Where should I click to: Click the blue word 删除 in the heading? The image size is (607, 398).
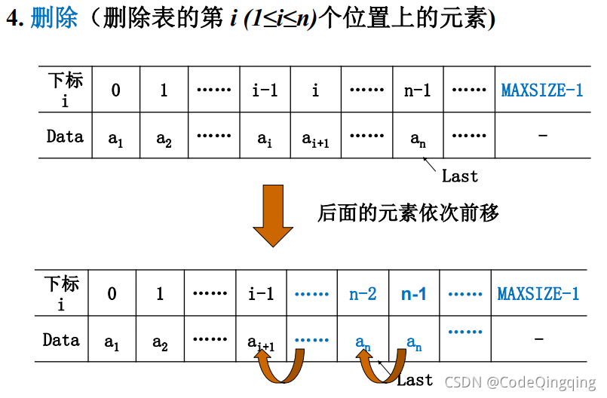click(x=54, y=19)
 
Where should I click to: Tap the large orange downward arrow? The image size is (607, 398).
click(x=272, y=214)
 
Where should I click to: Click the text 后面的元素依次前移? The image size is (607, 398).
click(x=408, y=213)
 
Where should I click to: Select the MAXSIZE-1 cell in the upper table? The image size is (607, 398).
click(x=542, y=90)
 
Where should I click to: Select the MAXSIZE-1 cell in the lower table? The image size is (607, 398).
click(x=538, y=294)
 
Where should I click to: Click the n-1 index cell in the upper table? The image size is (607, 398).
click(x=417, y=90)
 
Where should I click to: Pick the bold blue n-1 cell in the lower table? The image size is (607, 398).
click(x=414, y=294)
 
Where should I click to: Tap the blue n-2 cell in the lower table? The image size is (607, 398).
click(x=363, y=294)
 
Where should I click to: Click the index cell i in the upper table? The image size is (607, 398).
click(x=315, y=90)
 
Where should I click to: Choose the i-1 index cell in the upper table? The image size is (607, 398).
click(x=265, y=90)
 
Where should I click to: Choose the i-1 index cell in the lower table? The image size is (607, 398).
click(x=261, y=294)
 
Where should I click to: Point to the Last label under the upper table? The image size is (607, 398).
click(x=460, y=176)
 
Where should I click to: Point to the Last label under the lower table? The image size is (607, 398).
click(x=415, y=380)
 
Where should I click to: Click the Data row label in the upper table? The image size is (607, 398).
click(x=65, y=136)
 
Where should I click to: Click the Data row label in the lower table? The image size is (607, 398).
click(x=61, y=340)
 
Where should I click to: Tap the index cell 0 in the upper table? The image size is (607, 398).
click(x=115, y=90)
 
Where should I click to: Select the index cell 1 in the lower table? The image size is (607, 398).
click(x=160, y=294)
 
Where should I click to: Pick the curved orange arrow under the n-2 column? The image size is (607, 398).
click(x=377, y=367)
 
